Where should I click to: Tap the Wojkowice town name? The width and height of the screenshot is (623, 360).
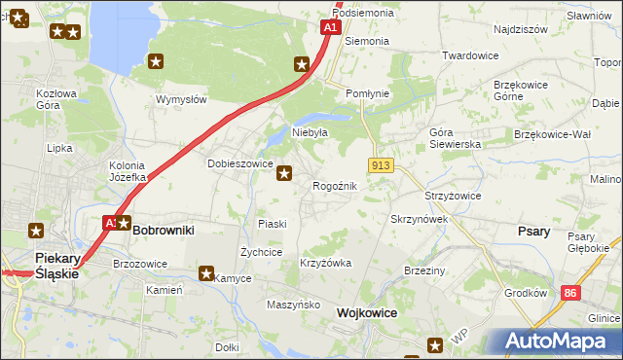(x=370, y=313)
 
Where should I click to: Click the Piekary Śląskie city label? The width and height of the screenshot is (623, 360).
(x=56, y=265)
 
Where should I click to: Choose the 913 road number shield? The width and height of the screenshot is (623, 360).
(x=381, y=166)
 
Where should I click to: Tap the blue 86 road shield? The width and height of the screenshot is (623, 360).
(x=571, y=292)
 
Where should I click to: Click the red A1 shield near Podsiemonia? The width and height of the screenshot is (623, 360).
(x=331, y=28)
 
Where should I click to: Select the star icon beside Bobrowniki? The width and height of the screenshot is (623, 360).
(x=124, y=223)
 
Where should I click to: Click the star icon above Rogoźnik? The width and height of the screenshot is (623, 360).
(x=284, y=174)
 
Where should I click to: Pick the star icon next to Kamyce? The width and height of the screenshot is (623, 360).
(x=206, y=273)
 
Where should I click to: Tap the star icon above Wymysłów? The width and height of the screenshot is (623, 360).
(x=156, y=62)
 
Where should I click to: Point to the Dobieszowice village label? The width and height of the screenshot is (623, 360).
(x=239, y=164)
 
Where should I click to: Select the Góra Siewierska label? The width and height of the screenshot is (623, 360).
(x=456, y=137)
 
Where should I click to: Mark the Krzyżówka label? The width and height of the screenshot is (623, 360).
(x=326, y=264)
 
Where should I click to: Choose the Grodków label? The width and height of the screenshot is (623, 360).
(x=526, y=292)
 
